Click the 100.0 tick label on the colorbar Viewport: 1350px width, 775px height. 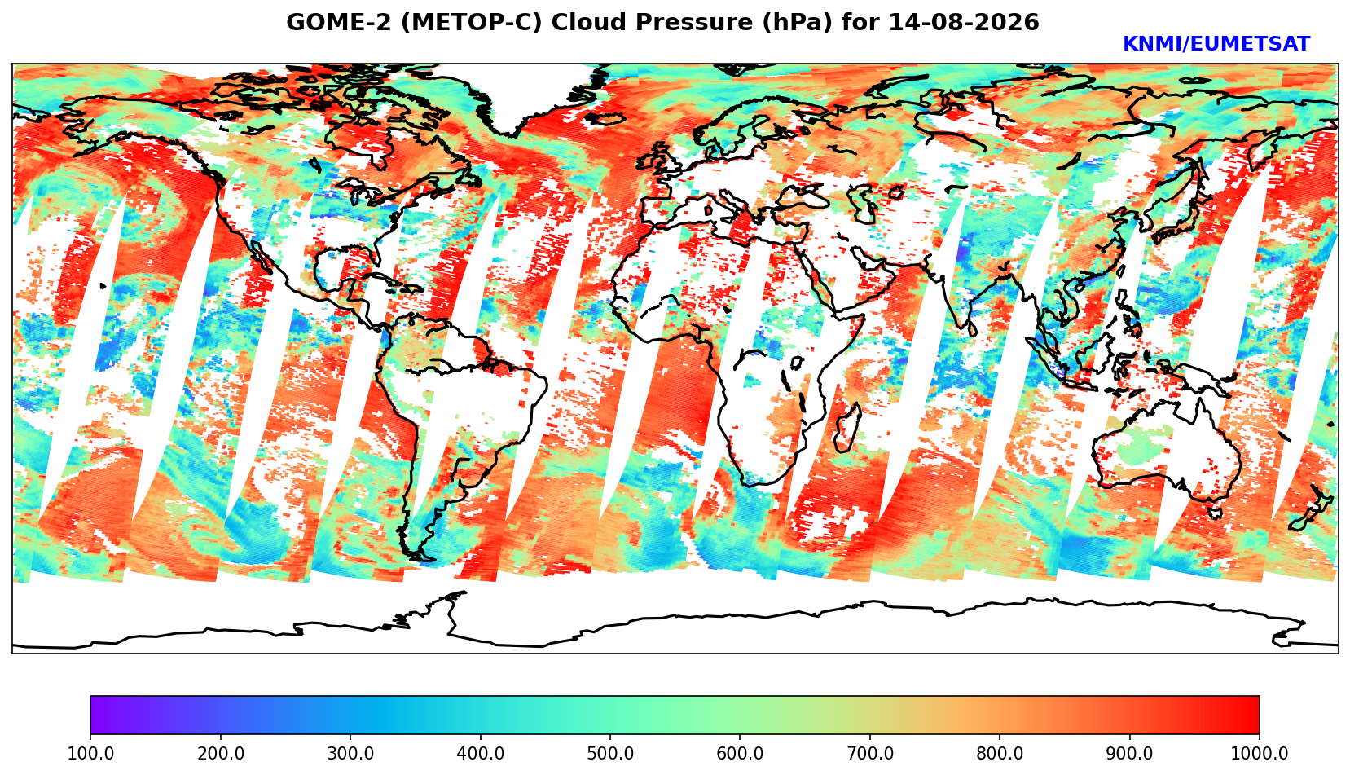pos(90,753)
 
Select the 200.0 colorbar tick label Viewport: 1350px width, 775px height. pos(221,753)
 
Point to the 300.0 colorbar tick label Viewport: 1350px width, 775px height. pos(350,753)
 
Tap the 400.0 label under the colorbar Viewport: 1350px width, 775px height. pos(481,753)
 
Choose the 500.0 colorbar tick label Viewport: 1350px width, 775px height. pos(610,753)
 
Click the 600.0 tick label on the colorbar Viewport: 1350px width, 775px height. pos(740,753)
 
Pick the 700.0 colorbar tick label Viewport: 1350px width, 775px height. pos(869,753)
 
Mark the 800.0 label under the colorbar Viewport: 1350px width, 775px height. pos(1000,753)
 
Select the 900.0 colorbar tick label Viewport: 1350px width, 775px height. pos(1129,753)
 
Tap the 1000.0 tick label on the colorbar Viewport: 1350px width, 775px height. pos(1259,753)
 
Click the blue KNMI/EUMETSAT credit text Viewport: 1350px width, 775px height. pos(1216,44)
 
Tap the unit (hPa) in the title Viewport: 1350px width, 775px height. pos(798,22)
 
